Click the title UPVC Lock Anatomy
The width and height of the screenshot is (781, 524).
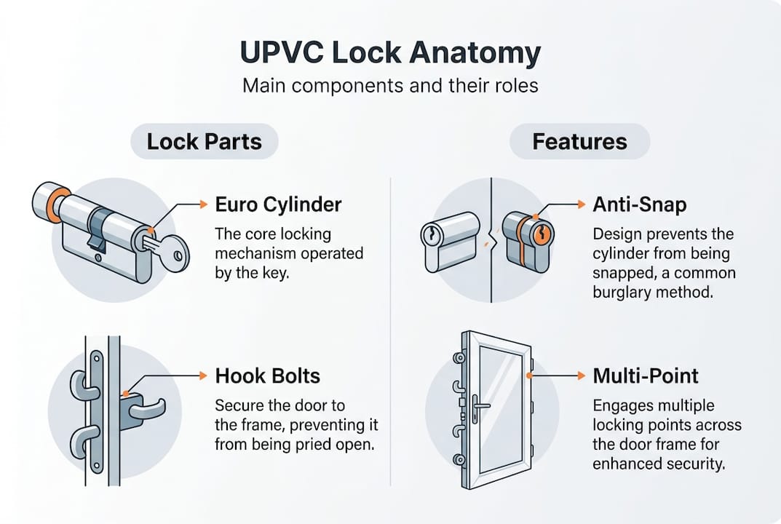pyautogui.click(x=390, y=55)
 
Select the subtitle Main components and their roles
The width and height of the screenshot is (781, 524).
pyautogui.click(x=390, y=85)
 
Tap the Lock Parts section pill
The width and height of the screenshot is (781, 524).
pyautogui.click(x=204, y=140)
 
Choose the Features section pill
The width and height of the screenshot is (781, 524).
pyautogui.click(x=579, y=140)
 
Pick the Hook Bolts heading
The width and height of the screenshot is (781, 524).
pyautogui.click(x=268, y=376)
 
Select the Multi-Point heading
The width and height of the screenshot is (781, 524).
pyautogui.click(x=646, y=376)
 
